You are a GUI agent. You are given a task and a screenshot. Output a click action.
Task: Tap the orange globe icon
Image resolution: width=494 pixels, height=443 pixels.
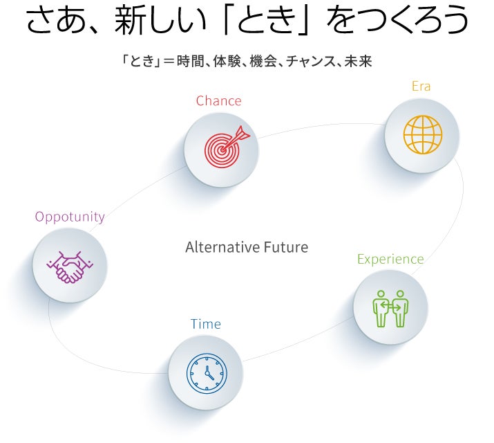(422, 135)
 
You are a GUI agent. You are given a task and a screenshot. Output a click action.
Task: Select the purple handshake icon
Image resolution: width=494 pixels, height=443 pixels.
(69, 266)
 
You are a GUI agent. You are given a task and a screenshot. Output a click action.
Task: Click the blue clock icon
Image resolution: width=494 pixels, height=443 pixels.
(206, 374)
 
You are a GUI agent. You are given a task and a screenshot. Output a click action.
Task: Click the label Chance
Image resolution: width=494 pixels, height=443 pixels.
(218, 101)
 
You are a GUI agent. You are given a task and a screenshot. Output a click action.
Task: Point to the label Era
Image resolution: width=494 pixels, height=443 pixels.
(421, 87)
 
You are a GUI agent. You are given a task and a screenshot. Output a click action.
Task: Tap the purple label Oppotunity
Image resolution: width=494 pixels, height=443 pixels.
(70, 217)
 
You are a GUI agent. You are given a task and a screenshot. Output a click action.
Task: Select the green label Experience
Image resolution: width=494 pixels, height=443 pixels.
(390, 260)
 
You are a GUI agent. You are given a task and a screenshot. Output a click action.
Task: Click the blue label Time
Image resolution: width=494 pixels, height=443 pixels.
(206, 324)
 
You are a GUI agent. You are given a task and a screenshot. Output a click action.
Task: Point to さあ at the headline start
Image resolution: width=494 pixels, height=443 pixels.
(53, 22)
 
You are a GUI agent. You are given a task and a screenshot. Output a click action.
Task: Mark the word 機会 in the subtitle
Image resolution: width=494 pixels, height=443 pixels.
(259, 62)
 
